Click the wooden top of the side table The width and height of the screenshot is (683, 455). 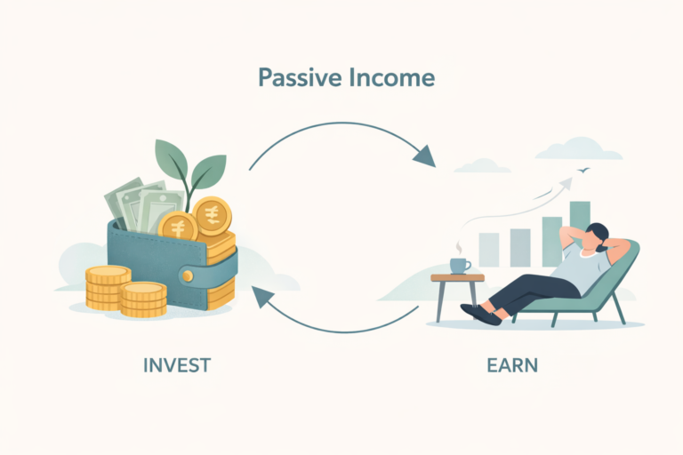pyautogui.click(x=457, y=278)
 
